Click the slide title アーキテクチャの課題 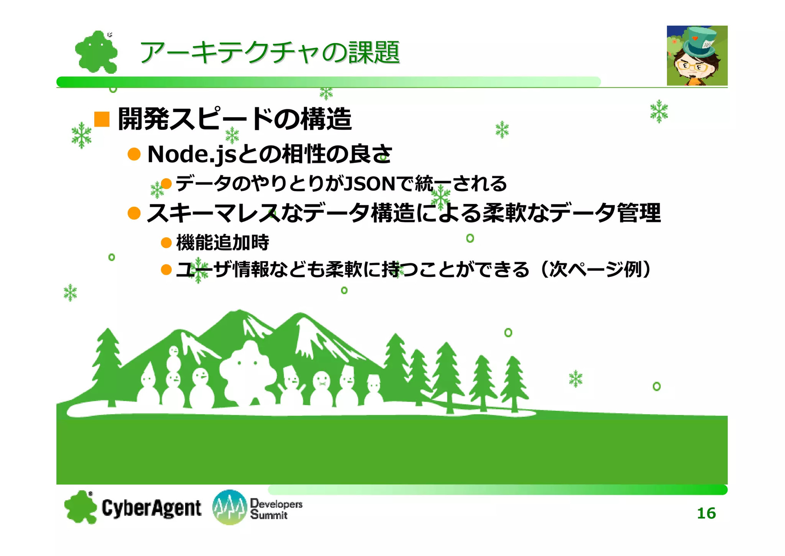pos(269,52)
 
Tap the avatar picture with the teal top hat pos(697,56)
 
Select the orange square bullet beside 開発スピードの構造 pos(102,119)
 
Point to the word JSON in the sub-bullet pos(370,184)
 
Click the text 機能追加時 pos(222,242)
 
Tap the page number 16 pos(706,513)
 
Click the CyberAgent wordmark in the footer pos(151,508)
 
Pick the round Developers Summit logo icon pos(230,507)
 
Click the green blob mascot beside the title pos(96,52)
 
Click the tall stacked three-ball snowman pos(173,377)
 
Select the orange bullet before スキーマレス pos(134,213)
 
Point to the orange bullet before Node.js pos(134,154)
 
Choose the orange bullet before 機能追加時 pos(166,243)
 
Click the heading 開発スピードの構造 pos(235,119)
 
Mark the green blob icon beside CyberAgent pos(81,507)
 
